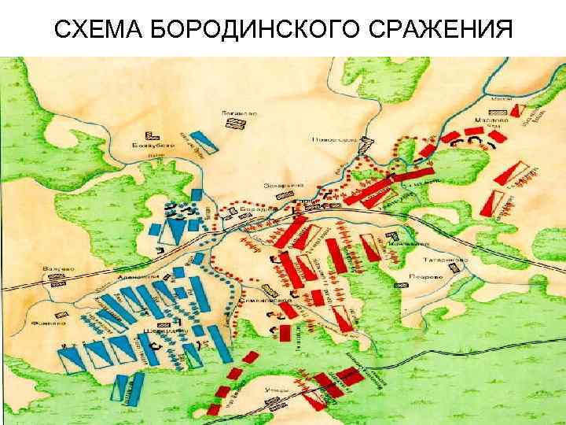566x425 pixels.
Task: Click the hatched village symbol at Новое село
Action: point(366,140)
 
